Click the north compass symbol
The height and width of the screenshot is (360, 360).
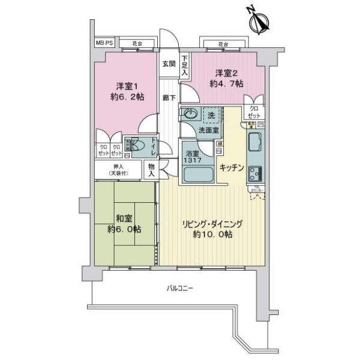coord(259,23)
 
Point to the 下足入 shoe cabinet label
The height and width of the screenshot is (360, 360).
coord(185,65)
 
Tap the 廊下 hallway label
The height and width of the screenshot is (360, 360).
coord(168,98)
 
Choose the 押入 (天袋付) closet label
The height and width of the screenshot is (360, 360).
coord(118,170)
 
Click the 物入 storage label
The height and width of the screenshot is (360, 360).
coord(152,170)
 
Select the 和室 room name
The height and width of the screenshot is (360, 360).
coord(124,219)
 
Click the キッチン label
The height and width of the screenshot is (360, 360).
coord(232,169)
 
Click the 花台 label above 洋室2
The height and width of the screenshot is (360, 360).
coord(223,44)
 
